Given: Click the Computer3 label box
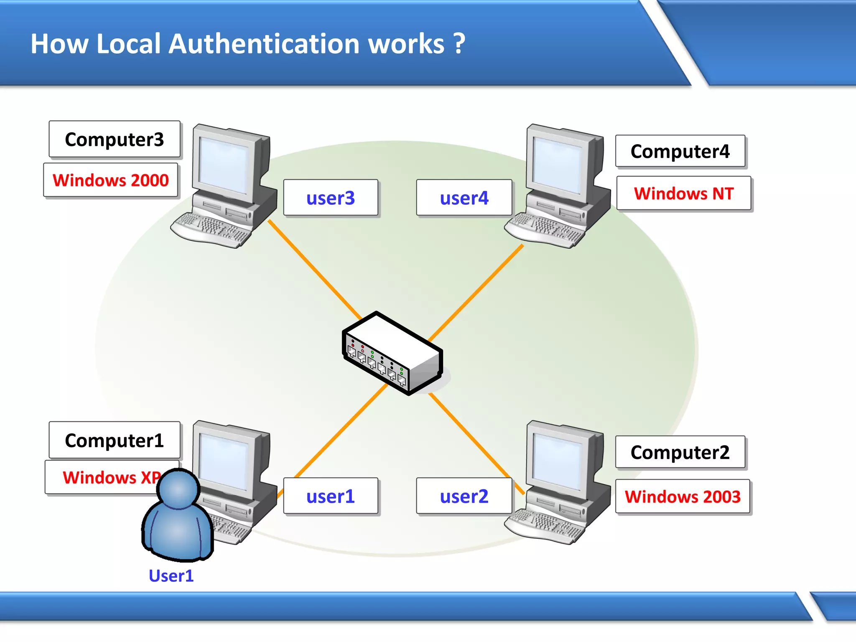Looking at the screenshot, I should click(x=114, y=139).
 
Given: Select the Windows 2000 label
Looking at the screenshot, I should click(x=111, y=180).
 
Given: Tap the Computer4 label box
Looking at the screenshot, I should click(x=680, y=151).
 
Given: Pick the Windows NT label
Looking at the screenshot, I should click(x=684, y=194).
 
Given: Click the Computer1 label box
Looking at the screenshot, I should click(x=114, y=440).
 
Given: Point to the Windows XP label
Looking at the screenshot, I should click(x=104, y=477).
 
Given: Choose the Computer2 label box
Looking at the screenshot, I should click(x=680, y=452).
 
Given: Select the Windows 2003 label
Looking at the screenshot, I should click(x=683, y=497).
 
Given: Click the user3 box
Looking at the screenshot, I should click(x=331, y=198).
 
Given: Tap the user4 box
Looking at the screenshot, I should click(x=464, y=198).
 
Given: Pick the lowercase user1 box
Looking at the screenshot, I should click(x=331, y=496).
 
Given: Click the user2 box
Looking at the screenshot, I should click(x=464, y=496).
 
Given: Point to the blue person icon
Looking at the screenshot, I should click(x=178, y=518).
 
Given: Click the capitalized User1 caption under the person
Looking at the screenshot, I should click(x=171, y=576).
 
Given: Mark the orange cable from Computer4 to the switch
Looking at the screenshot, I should click(x=476, y=293).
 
